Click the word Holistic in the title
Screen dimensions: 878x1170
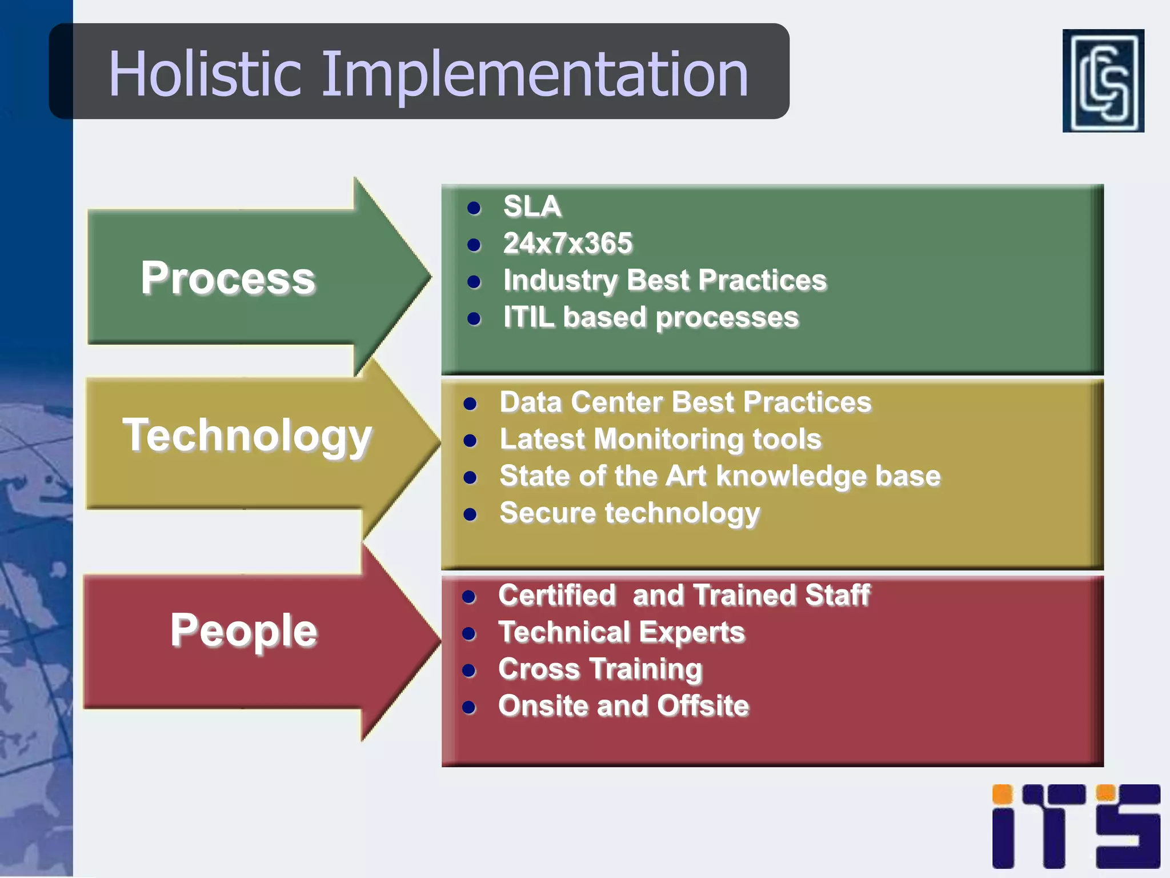pyautogui.click(x=204, y=74)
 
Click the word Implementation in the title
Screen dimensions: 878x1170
pyautogui.click(x=535, y=75)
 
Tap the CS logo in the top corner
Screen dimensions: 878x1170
pyautogui.click(x=1103, y=81)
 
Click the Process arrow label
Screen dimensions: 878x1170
pyautogui.click(x=228, y=278)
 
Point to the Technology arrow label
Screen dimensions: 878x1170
pyautogui.click(x=247, y=436)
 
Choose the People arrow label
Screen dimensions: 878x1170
pyautogui.click(x=243, y=630)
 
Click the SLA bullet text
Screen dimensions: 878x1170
pyautogui.click(x=532, y=206)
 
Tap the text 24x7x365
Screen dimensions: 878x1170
pyautogui.click(x=567, y=244)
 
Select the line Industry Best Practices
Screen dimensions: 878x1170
pyautogui.click(x=664, y=281)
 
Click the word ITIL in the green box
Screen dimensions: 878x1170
pyautogui.click(x=528, y=317)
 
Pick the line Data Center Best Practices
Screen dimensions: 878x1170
pyautogui.click(x=685, y=402)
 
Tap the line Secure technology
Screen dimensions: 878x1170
pyautogui.click(x=630, y=513)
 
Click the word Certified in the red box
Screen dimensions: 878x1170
pyautogui.click(x=557, y=595)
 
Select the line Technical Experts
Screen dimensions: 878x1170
pyautogui.click(x=622, y=632)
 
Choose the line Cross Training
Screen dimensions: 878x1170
pyautogui.click(x=600, y=669)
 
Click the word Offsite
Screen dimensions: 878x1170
pyautogui.click(x=703, y=706)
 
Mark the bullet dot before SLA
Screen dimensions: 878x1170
pyautogui.click(x=474, y=207)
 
